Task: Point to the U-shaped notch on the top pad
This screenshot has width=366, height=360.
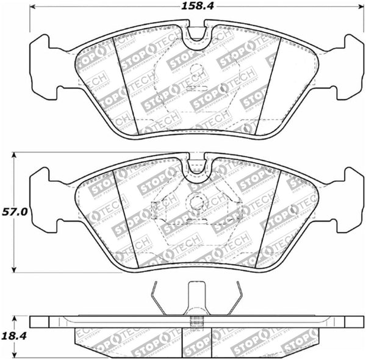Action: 196,35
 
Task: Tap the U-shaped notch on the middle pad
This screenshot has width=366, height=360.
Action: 196,169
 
